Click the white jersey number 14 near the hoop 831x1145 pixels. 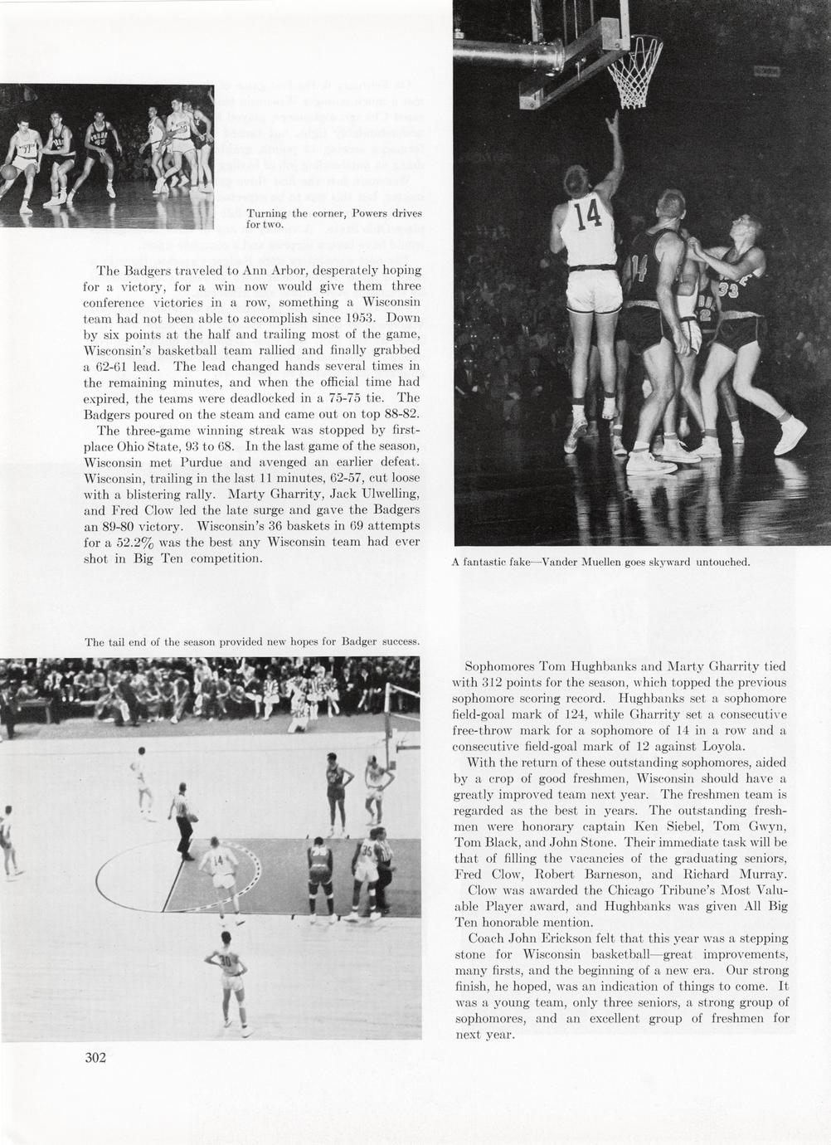587,215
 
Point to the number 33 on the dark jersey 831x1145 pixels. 729,289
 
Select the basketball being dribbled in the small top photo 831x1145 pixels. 8,171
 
